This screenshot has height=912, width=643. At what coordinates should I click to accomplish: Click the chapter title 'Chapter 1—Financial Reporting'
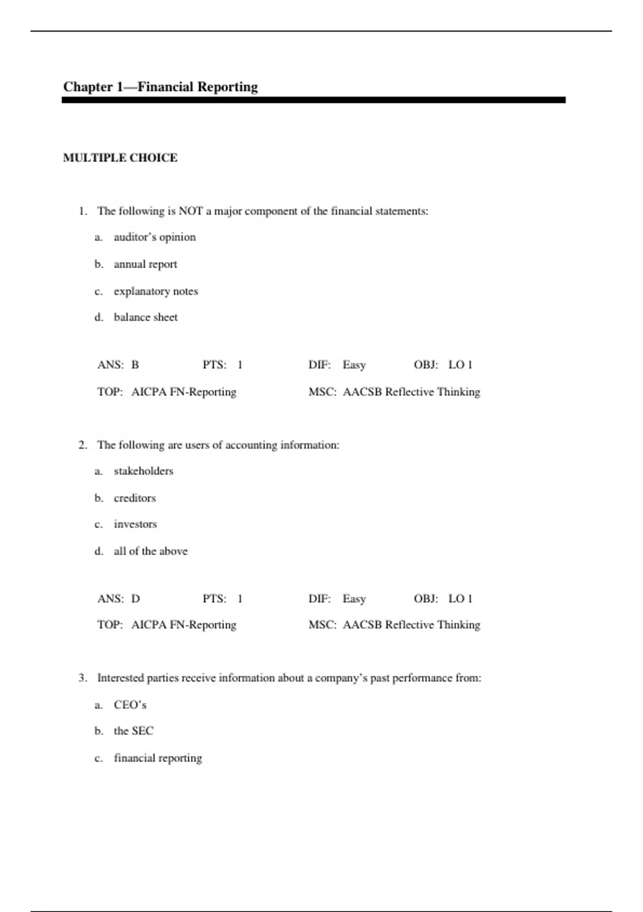[x=160, y=87]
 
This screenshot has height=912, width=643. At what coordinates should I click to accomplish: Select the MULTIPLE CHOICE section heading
[x=120, y=158]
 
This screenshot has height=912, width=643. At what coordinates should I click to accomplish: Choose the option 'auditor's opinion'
[x=154, y=237]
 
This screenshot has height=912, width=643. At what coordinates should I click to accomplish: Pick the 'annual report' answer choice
[x=145, y=264]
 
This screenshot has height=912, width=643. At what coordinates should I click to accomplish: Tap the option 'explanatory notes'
[x=155, y=291]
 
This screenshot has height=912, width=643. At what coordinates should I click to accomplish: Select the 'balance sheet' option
[x=145, y=317]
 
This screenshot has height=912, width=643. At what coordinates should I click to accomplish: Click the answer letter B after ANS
[x=135, y=365]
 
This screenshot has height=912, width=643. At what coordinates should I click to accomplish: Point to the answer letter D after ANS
[x=136, y=599]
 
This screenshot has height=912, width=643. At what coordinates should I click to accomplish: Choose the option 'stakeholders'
[x=143, y=471]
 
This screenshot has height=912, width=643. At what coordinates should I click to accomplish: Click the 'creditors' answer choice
[x=134, y=498]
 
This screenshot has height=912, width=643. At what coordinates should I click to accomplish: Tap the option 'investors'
[x=135, y=524]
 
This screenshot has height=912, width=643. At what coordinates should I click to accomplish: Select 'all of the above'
[x=151, y=551]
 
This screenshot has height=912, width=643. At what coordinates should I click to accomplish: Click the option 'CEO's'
[x=130, y=705]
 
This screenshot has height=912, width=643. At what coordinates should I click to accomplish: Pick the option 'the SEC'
[x=133, y=731]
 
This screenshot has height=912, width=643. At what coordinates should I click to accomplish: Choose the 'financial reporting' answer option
[x=158, y=758]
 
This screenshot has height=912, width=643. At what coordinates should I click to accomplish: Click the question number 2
[x=83, y=445]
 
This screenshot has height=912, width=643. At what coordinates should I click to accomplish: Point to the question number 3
[x=83, y=678]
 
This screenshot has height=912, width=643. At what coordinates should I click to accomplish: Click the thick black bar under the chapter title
[x=313, y=100]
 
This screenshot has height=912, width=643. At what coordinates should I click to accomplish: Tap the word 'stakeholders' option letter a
[x=98, y=471]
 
